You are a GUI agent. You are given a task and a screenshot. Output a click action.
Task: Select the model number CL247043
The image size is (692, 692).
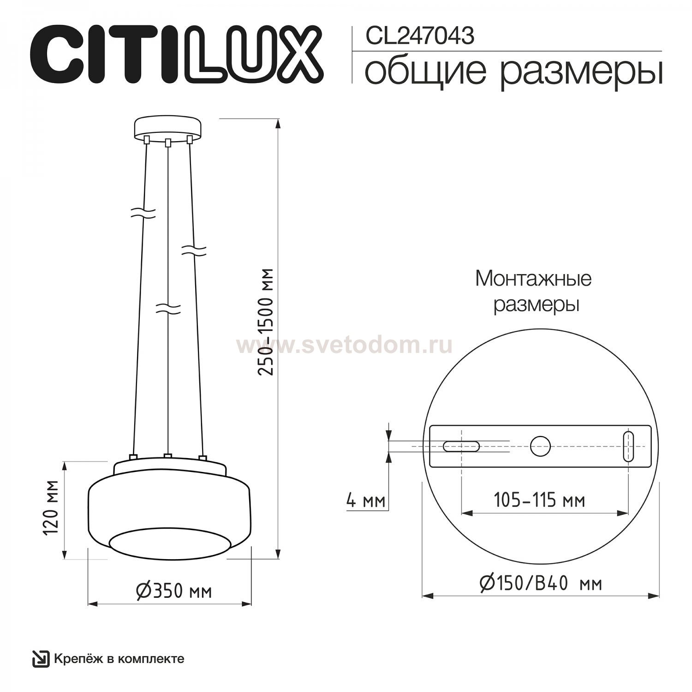[420, 36]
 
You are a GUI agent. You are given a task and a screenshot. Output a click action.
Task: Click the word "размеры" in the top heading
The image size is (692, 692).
[582, 74]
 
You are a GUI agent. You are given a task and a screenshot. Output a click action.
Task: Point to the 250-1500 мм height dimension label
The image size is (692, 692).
[267, 322]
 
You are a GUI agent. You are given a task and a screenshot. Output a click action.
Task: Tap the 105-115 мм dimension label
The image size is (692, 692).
[539, 500]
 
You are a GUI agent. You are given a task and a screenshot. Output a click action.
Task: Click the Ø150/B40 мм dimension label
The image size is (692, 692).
[541, 584]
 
